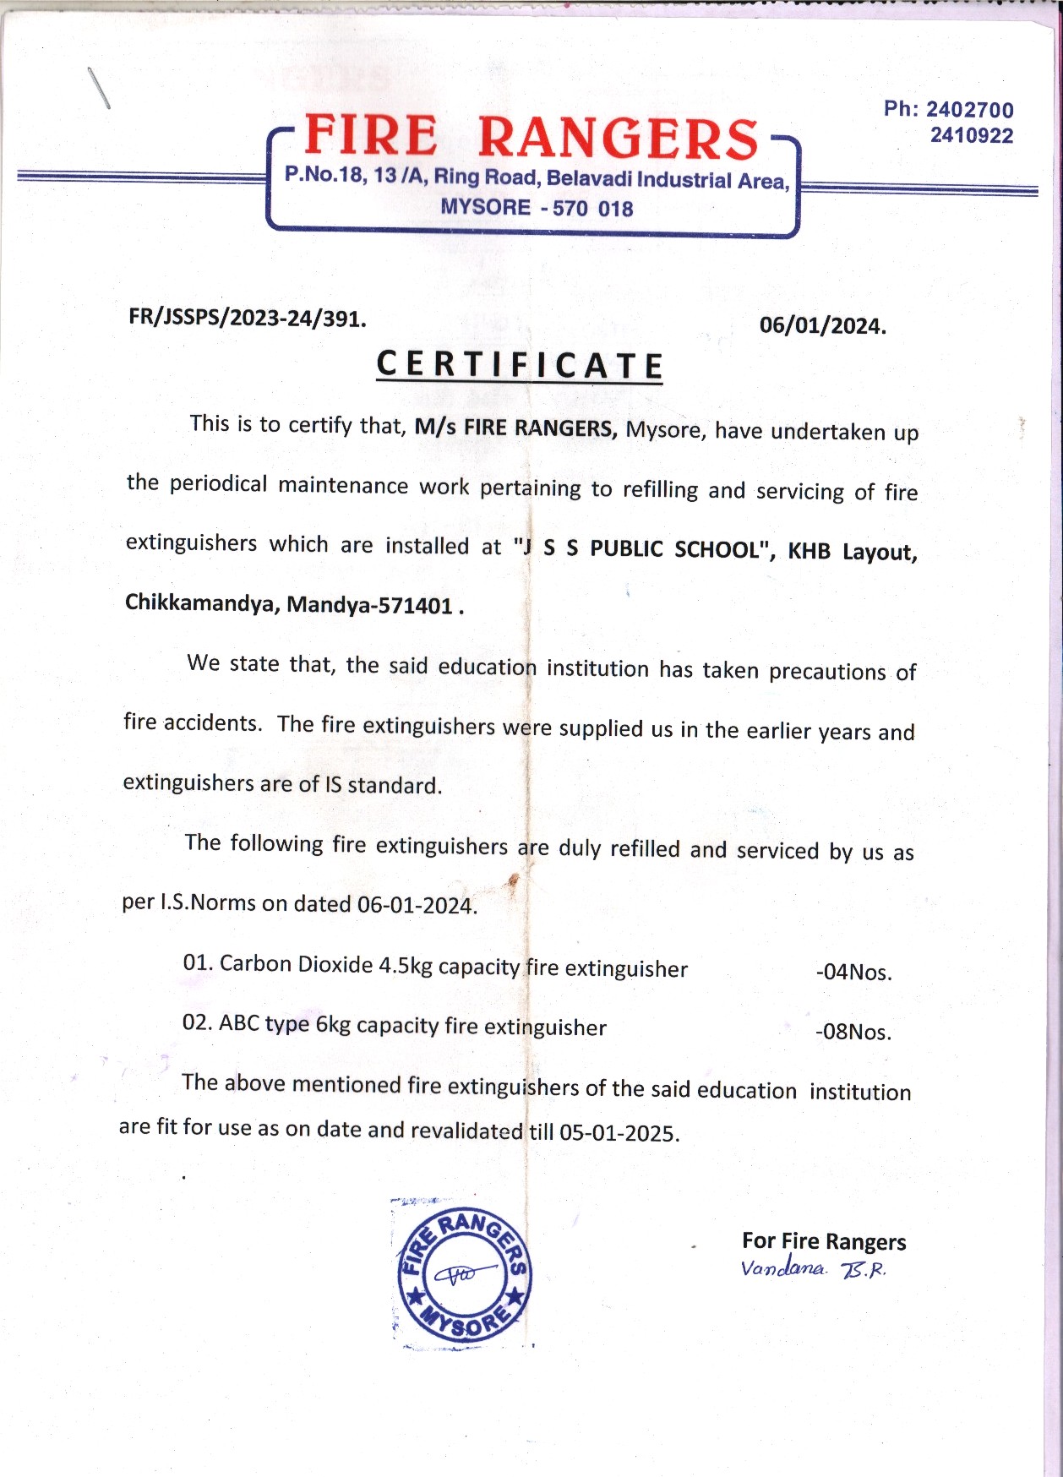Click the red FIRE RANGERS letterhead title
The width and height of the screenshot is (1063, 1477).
click(x=531, y=137)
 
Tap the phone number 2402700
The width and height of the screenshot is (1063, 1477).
click(x=969, y=110)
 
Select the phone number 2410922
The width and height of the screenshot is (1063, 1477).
click(x=971, y=135)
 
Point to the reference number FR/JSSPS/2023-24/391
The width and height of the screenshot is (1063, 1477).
click(x=247, y=319)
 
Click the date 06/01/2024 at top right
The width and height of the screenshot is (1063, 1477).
click(x=822, y=326)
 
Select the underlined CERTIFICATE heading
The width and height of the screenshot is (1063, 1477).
click(x=519, y=366)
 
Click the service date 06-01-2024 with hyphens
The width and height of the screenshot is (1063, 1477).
click(x=417, y=905)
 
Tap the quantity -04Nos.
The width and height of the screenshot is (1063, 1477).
click(x=853, y=973)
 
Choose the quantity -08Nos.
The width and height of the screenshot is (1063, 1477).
click(x=853, y=1032)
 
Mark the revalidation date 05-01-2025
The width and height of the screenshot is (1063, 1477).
click(x=619, y=1133)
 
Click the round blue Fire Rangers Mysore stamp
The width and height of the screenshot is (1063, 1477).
click(x=464, y=1273)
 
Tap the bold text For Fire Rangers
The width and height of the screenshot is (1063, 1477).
click(x=823, y=1241)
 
